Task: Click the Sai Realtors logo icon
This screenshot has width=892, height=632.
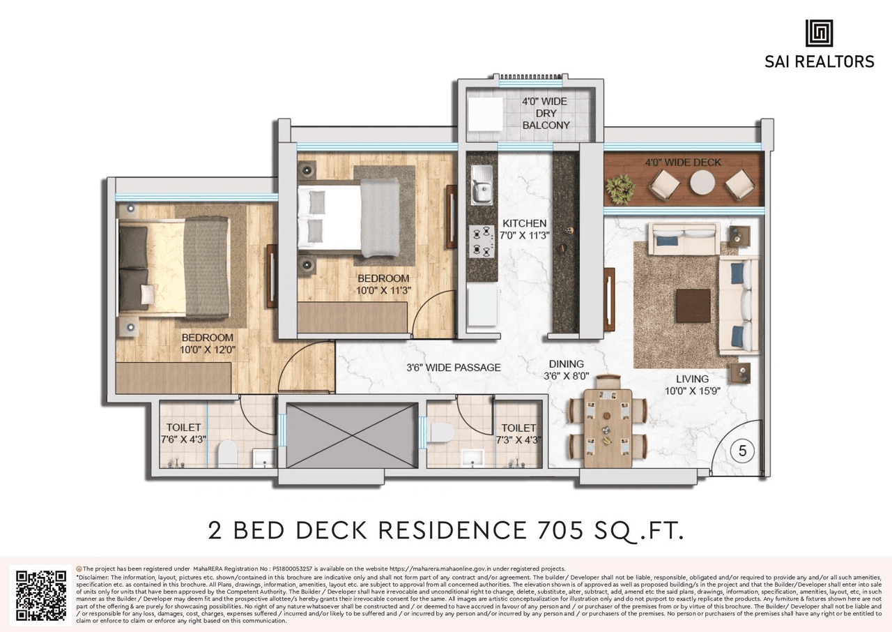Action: point(819,33)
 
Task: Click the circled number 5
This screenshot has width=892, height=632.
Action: point(742,451)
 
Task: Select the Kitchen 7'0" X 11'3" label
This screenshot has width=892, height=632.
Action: point(525,230)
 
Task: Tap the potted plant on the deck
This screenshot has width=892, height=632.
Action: point(620,186)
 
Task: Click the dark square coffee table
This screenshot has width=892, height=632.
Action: point(693,306)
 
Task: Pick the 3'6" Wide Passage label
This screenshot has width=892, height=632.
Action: point(454,367)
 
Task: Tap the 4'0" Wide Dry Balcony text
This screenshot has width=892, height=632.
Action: point(546,113)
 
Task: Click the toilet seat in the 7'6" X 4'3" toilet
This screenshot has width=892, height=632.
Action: point(228,454)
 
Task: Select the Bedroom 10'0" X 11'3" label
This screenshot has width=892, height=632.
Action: point(383,285)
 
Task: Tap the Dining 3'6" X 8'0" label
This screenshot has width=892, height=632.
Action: point(566,370)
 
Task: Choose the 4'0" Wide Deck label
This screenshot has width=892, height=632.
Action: point(683,163)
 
